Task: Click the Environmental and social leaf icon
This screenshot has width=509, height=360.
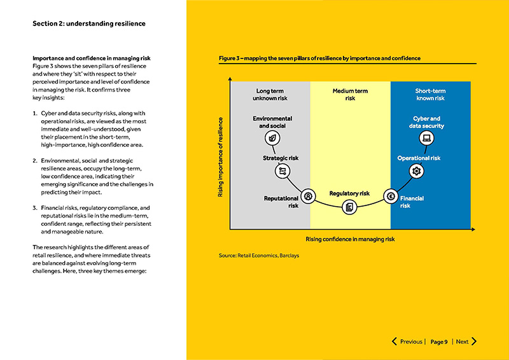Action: click(272, 138)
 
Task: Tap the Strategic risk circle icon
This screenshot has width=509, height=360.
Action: click(281, 171)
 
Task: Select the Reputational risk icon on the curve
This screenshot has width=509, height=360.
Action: click(309, 197)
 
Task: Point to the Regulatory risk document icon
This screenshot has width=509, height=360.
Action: click(349, 207)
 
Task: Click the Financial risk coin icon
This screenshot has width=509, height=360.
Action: click(390, 197)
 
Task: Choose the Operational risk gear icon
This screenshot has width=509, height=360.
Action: click(417, 171)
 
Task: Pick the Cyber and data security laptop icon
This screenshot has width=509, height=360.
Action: click(427, 138)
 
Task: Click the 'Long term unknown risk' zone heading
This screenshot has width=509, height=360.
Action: click(270, 95)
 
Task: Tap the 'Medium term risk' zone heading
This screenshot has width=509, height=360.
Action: click(350, 95)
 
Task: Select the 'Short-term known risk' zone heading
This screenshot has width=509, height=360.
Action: click(431, 95)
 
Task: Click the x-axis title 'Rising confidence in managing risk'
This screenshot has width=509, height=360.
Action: click(350, 239)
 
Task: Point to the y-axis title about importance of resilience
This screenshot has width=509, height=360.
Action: click(221, 156)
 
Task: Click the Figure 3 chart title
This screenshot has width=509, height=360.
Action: click(319, 59)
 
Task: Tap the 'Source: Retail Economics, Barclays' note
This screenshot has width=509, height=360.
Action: click(258, 256)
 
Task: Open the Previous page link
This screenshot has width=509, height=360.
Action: click(407, 342)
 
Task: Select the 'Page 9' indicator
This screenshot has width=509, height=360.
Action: click(439, 342)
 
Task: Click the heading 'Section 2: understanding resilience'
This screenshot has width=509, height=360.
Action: click(89, 24)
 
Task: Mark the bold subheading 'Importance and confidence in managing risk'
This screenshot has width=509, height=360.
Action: click(91, 59)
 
